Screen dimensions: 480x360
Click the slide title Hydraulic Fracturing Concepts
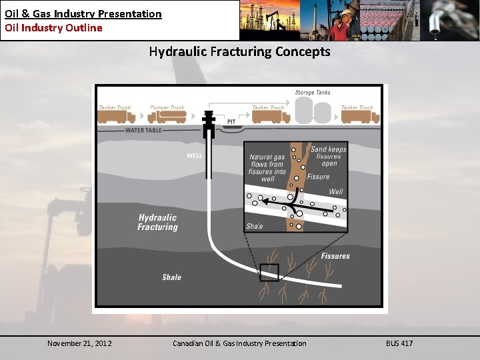coord(239,51)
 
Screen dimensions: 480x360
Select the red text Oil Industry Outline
coord(53,28)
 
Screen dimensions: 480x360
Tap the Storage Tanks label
coord(313,93)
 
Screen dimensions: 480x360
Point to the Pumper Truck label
coord(167,107)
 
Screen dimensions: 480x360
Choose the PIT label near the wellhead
coord(231,122)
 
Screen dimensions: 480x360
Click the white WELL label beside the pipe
coord(194,157)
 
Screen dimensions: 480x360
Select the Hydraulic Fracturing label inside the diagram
coord(158,222)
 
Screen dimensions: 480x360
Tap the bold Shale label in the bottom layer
coord(171,277)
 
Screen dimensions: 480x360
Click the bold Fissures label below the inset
coord(335,256)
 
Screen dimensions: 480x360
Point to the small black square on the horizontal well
coord(269,272)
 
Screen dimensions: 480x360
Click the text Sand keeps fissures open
coord(329,157)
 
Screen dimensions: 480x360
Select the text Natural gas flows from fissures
coord(267,168)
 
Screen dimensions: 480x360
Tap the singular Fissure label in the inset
coord(319,177)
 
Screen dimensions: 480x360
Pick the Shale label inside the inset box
coord(255,226)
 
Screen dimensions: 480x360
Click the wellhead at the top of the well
coord(210,120)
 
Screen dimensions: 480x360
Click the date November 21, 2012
coord(79,343)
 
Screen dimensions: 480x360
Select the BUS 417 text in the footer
coord(399,343)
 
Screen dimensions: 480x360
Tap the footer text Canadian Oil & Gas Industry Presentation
coord(239,343)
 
